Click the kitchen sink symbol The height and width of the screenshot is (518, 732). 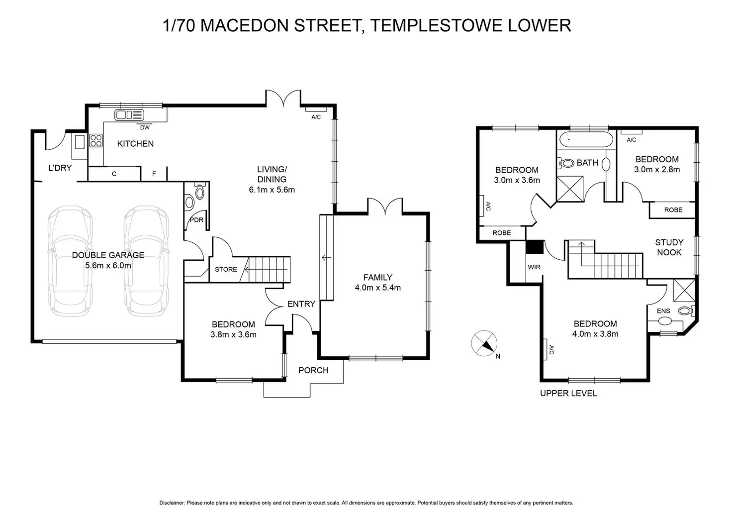click(x=129, y=115)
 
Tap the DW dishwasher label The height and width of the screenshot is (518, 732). click(x=145, y=127)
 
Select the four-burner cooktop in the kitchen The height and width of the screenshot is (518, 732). click(x=96, y=141)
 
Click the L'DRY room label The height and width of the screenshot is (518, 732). click(x=60, y=168)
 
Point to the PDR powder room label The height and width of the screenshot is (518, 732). click(x=197, y=220)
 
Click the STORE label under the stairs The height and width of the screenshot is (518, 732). click(x=226, y=270)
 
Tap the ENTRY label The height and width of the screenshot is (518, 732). click(x=301, y=304)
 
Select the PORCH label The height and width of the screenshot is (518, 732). click(x=313, y=370)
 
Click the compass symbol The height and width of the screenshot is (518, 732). click(x=484, y=343)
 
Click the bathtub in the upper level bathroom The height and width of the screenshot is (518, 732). click(x=586, y=140)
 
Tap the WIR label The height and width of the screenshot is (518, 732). click(x=534, y=267)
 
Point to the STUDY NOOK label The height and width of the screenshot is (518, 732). click(x=669, y=247)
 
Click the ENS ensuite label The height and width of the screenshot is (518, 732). click(x=663, y=311)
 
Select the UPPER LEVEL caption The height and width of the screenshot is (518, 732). click(x=568, y=394)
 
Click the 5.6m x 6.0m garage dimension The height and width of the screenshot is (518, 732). click(x=108, y=266)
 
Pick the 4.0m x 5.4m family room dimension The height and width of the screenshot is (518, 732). click(x=378, y=288)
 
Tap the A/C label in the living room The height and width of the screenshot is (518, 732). click(x=316, y=117)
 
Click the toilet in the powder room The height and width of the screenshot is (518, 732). click(x=200, y=191)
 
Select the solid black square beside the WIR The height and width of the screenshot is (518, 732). click(x=535, y=247)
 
